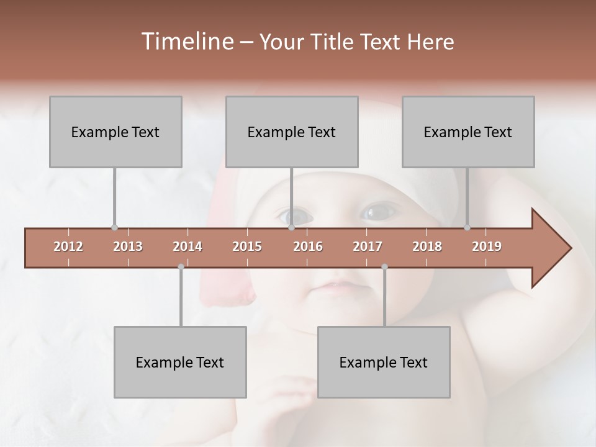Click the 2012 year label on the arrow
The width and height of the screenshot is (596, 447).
click(68, 246)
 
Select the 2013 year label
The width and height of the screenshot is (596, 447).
click(128, 246)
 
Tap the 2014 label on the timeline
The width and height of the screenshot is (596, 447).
click(187, 246)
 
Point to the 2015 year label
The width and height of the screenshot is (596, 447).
click(247, 246)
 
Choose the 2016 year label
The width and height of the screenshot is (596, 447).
click(308, 246)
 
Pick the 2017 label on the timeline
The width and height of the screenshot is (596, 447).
click(368, 246)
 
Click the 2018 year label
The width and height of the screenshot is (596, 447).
click(427, 246)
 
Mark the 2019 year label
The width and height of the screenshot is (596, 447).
click(487, 246)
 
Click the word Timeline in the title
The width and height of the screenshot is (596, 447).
click(186, 42)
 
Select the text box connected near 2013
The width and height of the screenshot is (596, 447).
click(115, 132)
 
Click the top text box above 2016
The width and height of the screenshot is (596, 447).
click(292, 132)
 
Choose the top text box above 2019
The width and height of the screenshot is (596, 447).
click(468, 132)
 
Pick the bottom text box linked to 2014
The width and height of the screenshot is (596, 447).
click(180, 362)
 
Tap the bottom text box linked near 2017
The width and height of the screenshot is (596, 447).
click(384, 362)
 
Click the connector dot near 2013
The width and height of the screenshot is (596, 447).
click(114, 227)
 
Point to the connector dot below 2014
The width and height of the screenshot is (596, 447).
click(181, 267)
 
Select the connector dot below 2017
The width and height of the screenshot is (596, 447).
click(384, 267)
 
